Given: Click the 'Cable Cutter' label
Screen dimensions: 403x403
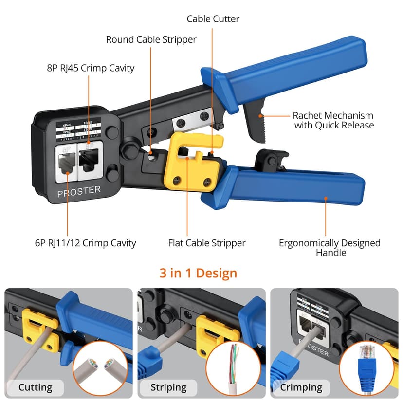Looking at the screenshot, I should tap(213, 19).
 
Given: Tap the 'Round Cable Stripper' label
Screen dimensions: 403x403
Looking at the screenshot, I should tap(151, 39).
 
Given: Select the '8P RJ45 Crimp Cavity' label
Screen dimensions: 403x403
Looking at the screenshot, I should tap(91, 68).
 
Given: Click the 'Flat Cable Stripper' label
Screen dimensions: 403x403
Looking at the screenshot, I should tap(207, 243).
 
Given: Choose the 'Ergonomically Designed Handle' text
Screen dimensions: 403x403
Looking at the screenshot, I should tap(330, 247).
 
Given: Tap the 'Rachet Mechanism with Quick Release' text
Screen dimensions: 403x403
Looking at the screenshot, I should tap(333, 120).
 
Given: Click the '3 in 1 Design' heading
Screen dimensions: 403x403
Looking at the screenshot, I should tap(198, 273).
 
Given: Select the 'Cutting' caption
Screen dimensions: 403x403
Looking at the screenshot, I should tap(35, 387).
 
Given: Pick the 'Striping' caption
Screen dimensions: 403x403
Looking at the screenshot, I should tap(168, 387).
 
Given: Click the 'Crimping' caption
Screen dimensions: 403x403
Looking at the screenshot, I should tap(301, 387).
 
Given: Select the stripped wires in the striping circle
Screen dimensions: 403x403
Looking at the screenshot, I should tap(234, 365).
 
